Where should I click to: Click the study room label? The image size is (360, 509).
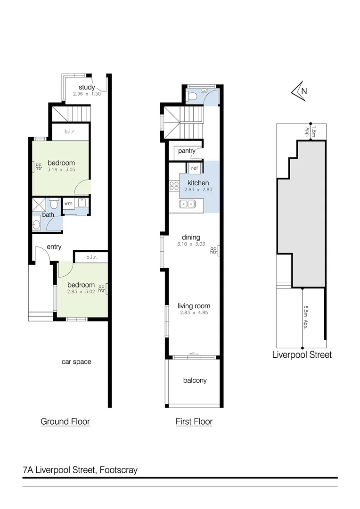click(87, 87)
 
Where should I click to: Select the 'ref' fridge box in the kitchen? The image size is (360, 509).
click(194, 167)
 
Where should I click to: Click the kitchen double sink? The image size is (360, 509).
click(187, 204)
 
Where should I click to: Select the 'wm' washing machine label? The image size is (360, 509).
click(68, 204)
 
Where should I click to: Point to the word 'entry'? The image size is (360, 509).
click(54, 246)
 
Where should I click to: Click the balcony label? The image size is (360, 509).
click(195, 380)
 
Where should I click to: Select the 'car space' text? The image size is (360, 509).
click(76, 362)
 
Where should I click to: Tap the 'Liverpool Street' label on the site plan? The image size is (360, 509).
click(302, 355)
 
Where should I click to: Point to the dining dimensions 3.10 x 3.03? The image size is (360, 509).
click(191, 244)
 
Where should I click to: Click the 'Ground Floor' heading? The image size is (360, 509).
click(65, 421)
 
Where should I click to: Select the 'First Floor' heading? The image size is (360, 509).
click(194, 421)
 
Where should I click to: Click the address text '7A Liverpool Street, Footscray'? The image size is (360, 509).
click(80, 470)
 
